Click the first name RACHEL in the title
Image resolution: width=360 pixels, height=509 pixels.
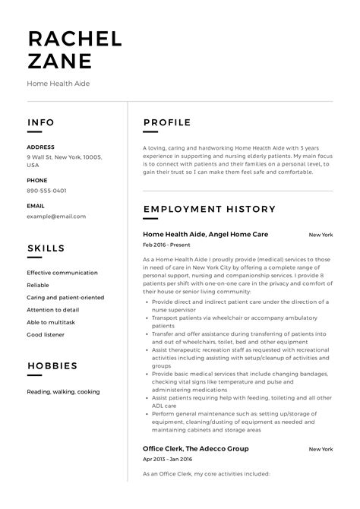74,39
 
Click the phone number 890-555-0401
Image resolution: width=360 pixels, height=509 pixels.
46,191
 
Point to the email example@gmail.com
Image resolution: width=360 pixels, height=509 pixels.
56,216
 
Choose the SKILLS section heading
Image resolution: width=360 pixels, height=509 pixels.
46,248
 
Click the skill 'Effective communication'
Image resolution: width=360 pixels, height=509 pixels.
62,273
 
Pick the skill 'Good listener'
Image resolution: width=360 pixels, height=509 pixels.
46,334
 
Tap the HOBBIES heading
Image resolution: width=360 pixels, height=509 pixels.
52,366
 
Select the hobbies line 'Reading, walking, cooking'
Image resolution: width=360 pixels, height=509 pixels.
63,391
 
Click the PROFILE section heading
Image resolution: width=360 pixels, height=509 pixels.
167,122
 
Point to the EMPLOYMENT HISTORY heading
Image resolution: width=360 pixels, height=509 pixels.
208,208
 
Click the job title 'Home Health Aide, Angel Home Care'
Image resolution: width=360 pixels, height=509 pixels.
205,234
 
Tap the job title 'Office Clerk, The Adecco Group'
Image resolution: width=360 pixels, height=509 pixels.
195,448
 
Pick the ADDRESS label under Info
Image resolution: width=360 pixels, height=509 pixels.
40,147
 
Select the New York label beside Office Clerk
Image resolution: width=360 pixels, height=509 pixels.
321,449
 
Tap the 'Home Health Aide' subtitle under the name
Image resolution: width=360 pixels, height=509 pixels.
58,83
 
